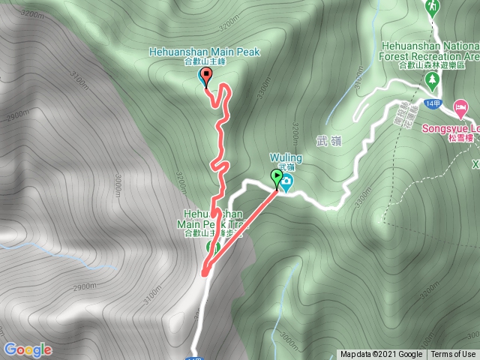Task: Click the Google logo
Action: [x=27, y=349]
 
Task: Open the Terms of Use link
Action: [x=453, y=355]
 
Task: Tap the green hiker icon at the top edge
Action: [x=431, y=7]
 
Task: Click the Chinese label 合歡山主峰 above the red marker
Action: [x=204, y=63]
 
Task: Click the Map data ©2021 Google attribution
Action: [x=380, y=355]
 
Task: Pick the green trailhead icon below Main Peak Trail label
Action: [x=212, y=247]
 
